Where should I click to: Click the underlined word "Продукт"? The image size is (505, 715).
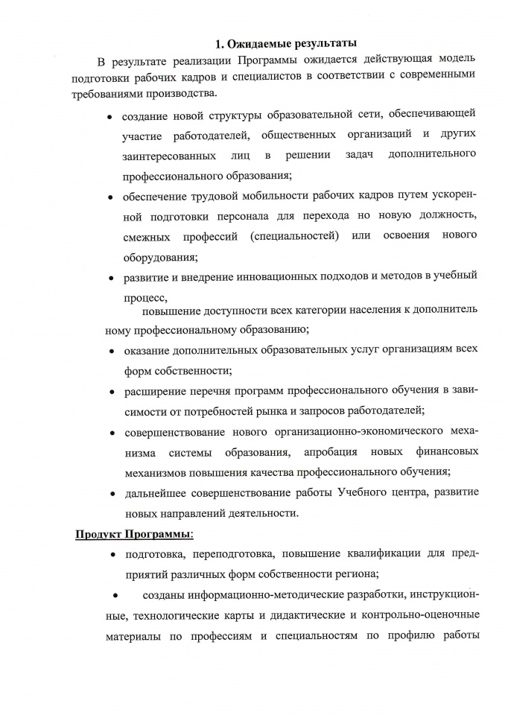98,534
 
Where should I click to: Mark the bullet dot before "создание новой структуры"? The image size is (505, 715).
109,117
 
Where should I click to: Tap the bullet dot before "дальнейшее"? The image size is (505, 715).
110,494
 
